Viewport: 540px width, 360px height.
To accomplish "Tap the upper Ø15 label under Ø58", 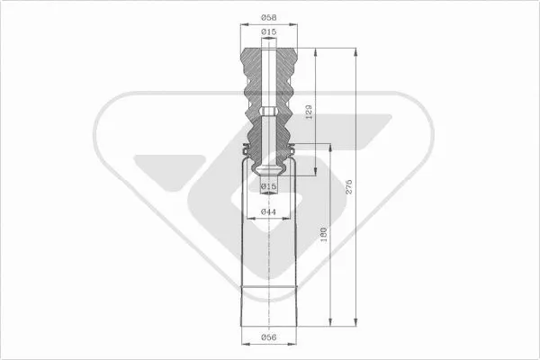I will [x=268, y=32].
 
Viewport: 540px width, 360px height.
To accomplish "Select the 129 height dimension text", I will [x=310, y=112].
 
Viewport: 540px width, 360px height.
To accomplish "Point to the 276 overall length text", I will [x=350, y=187].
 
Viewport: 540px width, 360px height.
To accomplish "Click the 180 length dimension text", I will [x=324, y=236].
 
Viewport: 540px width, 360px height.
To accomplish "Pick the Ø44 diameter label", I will [x=268, y=211].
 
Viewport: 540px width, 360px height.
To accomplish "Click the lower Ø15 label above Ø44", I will [x=268, y=186].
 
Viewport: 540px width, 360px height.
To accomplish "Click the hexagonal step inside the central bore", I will [x=268, y=112].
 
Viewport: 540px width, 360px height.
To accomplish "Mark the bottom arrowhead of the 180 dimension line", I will [x=330, y=324].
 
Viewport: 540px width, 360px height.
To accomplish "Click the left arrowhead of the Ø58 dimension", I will [x=242, y=26].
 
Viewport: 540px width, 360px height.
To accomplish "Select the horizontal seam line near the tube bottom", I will [x=268, y=286].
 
